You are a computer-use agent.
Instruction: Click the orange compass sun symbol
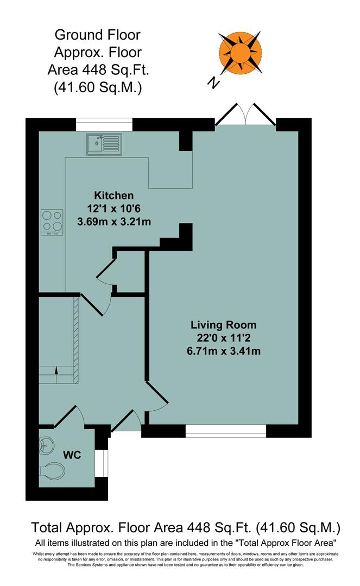[239, 53]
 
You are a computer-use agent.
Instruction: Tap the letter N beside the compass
[215, 82]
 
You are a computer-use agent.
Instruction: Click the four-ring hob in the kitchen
[52, 222]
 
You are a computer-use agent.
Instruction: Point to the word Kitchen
[113, 196]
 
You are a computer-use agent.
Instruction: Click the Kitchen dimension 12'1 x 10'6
[113, 209]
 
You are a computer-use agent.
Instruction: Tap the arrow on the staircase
[56, 371]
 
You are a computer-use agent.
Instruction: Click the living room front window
[226, 431]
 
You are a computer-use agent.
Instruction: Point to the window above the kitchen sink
[104, 125]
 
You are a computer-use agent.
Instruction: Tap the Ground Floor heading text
[98, 36]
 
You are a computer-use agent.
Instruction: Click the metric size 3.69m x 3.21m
[113, 222]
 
